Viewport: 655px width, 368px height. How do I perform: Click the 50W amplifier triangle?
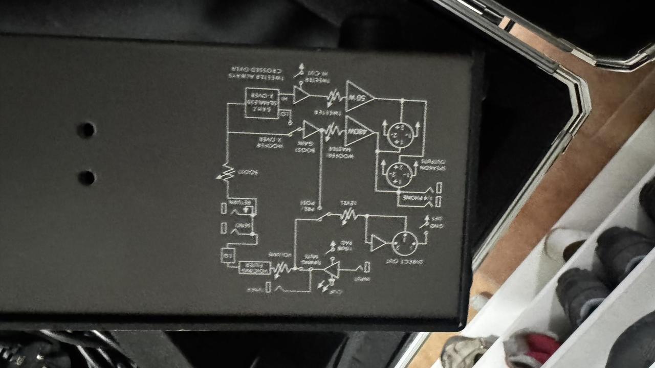358,96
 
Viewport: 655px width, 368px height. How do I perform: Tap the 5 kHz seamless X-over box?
261,103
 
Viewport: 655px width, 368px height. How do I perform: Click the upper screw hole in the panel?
86,130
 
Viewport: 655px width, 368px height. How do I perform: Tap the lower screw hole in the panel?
86,177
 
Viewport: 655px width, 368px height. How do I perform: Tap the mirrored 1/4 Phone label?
417,197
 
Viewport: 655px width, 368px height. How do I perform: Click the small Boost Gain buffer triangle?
310,130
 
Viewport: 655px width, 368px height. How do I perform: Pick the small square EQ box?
226,254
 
